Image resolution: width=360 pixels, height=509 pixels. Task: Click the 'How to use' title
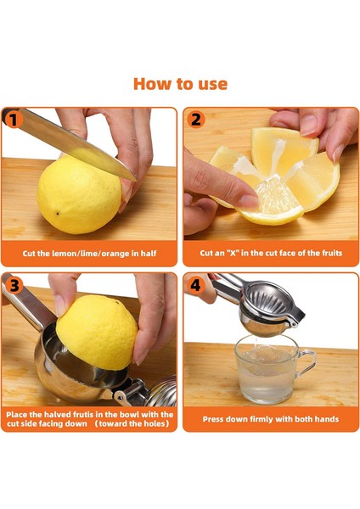[180, 84]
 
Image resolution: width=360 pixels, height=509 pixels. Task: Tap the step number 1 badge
[14, 120]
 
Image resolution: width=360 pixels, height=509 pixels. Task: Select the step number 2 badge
[195, 120]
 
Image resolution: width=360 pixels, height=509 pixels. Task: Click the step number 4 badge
[195, 285]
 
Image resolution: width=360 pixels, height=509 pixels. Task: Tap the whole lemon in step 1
[79, 195]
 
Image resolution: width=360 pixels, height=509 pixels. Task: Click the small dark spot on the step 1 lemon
[58, 214]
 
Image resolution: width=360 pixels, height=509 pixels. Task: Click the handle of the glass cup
[307, 363]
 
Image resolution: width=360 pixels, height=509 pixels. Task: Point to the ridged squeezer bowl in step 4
[267, 299]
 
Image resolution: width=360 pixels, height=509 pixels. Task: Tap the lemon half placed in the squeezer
[97, 332]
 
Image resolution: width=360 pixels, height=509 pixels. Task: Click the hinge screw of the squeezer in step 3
[119, 397]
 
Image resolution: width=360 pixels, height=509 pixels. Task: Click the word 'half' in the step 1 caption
[149, 253]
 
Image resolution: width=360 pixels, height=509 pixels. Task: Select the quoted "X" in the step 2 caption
[233, 253]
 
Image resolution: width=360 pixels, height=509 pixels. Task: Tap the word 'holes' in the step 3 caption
[155, 423]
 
